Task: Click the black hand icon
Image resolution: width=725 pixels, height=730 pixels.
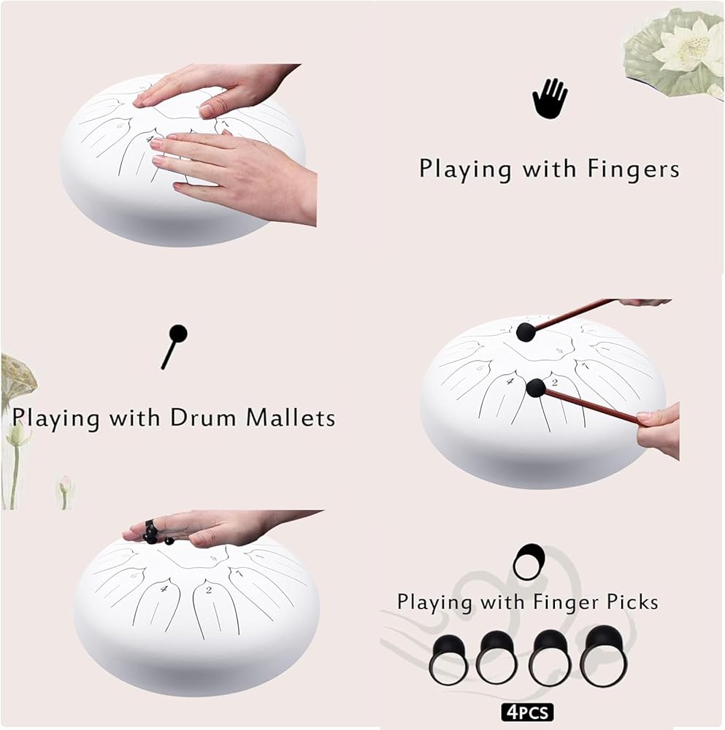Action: pos(550,99)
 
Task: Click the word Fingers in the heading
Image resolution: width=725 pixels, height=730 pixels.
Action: pos(633,169)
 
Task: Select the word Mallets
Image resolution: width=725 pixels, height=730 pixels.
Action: pos(291,418)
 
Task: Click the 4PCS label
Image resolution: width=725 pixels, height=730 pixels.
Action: pos(528,712)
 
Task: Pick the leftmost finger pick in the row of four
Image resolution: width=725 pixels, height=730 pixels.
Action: pos(449,661)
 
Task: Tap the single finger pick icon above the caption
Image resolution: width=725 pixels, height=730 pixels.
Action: pos(529,561)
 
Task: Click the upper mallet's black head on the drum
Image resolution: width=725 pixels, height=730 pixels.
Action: pos(526,332)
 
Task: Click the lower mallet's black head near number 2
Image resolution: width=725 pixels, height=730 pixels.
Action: pos(535,388)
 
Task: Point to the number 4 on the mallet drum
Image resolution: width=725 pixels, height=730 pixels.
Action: pos(510,381)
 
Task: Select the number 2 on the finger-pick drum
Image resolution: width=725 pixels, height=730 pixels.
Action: pos(209,590)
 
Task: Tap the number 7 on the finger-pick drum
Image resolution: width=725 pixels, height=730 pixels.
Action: pos(238,574)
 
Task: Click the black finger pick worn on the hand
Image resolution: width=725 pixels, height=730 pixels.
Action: pos(153,532)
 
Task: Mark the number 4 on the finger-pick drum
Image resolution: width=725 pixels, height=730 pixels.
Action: pos(164,589)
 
